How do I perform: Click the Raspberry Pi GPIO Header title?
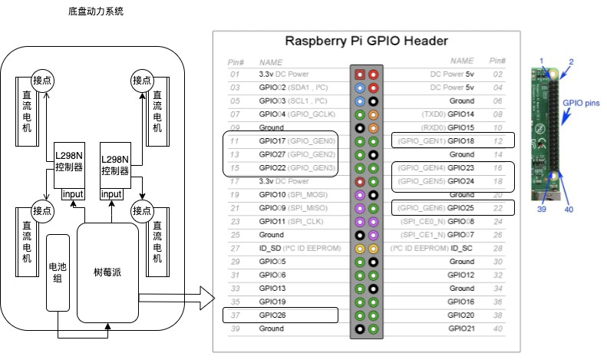pos(366,41)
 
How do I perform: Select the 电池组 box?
pos(58,271)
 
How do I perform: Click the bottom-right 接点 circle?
pos(141,210)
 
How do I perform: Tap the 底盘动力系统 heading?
pos(96,12)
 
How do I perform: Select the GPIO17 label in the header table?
pos(272,141)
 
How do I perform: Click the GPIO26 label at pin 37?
pos(272,315)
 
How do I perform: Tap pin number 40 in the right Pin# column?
pos(497,329)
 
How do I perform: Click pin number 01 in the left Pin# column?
pos(235,74)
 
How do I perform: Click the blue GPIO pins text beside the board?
pos(582,101)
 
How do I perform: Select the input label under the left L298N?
pos(73,194)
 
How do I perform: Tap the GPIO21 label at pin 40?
pos(461,329)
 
